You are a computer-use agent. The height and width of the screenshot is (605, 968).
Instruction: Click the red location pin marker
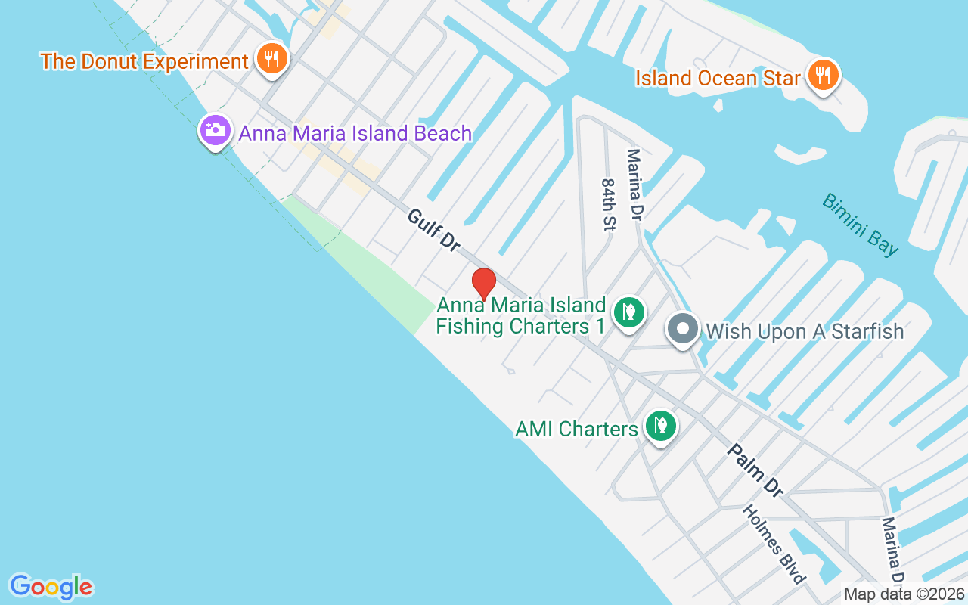(484, 284)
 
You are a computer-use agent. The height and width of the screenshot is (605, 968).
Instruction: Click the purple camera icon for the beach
(216, 131)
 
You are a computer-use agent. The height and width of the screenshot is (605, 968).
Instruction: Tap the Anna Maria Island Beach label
(355, 134)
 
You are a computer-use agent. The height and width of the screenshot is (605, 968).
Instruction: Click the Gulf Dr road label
(433, 230)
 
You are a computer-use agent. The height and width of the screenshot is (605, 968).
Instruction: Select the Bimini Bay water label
(861, 225)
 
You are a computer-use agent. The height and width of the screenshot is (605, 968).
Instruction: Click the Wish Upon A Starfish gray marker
(684, 330)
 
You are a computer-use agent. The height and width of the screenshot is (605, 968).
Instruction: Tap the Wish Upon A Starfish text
(805, 331)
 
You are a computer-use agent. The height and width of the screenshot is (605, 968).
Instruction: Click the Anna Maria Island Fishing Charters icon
(628, 312)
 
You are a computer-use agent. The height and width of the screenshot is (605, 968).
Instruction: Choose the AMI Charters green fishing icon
(661, 427)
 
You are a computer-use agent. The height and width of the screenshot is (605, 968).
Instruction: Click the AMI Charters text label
(576, 429)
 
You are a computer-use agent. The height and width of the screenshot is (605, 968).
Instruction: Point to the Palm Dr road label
(755, 470)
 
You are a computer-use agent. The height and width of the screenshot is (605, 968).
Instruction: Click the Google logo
(51, 587)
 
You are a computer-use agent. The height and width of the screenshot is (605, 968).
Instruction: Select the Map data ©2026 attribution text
(904, 594)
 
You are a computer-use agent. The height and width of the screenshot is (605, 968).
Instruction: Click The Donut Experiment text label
(144, 61)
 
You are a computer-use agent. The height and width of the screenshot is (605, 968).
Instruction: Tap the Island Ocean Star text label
(718, 78)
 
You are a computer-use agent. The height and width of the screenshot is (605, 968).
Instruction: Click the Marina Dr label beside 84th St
(634, 185)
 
